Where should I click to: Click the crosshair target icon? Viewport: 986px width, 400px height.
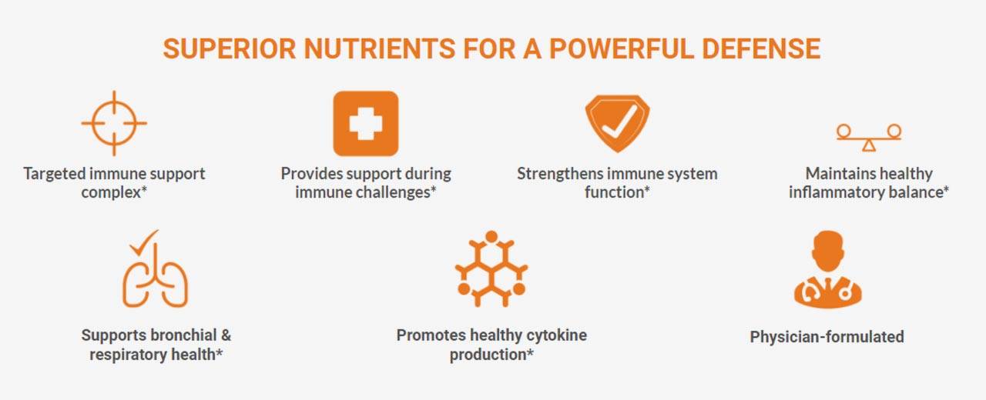(x=114, y=124)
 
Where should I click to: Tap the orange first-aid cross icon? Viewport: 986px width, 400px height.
(x=366, y=124)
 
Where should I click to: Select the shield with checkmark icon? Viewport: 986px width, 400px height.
(x=617, y=124)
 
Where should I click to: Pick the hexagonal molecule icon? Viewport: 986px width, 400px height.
(x=491, y=268)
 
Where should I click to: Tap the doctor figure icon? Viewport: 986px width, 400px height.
(x=828, y=269)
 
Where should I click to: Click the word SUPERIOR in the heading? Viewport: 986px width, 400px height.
(x=230, y=48)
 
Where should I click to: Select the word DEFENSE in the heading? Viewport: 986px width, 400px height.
(x=761, y=48)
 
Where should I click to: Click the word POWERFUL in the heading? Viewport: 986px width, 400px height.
(x=622, y=48)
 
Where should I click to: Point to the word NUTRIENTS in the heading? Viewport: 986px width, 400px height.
(x=380, y=48)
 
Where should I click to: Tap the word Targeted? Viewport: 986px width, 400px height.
(x=54, y=174)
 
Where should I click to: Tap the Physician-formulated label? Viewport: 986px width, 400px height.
(x=827, y=337)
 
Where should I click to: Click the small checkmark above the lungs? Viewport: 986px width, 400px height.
(x=144, y=242)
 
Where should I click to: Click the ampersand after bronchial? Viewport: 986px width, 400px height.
(x=226, y=335)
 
